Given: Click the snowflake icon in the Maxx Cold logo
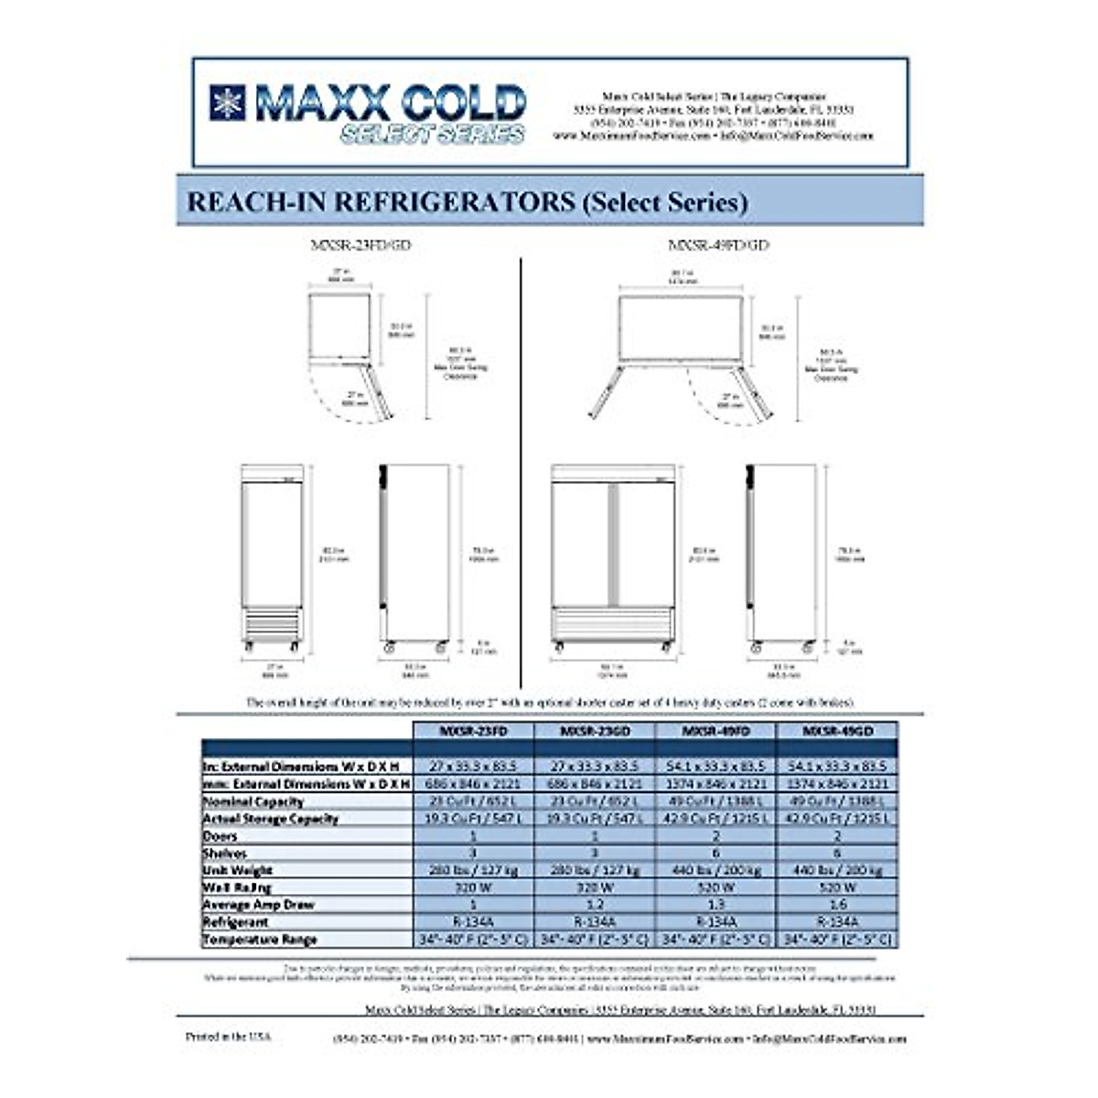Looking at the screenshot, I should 227,103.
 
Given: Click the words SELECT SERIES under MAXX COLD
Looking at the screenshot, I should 433,135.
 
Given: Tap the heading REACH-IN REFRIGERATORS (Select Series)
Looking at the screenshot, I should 467,201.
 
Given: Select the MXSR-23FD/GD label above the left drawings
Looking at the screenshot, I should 361,245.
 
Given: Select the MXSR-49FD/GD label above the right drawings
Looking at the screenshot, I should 718,245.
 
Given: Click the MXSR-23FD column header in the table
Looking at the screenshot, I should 473,731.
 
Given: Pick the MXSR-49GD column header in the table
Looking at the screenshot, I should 836,731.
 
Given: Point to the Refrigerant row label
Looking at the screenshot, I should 236,922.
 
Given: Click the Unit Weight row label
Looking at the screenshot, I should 238,870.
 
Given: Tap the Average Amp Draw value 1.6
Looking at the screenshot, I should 836,905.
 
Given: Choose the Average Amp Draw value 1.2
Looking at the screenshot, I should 595,905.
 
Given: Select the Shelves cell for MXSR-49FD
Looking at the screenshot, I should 716,853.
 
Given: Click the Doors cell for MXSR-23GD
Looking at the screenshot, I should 595,835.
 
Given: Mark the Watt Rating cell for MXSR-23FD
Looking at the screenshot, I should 473,888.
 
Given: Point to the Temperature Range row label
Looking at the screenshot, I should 260,940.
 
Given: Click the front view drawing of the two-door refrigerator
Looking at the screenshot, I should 613,558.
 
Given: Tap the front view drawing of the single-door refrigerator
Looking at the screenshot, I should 272,558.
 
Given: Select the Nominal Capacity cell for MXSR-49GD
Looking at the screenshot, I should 836,802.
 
